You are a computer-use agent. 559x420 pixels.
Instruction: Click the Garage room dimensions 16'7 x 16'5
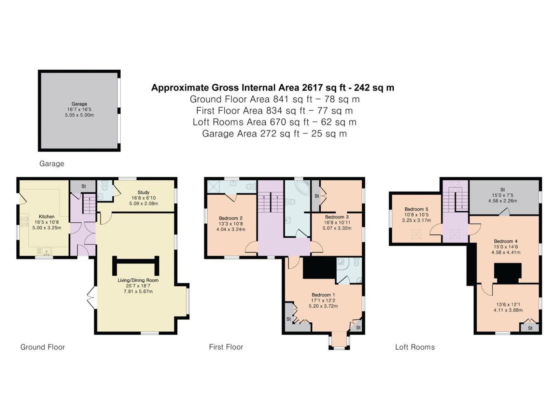click(79, 109)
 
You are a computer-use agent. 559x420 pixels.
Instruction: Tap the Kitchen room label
click(47, 217)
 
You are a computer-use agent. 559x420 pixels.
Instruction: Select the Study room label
click(143, 192)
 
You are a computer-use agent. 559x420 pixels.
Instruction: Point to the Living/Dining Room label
click(138, 280)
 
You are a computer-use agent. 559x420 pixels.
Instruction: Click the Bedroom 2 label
click(231, 218)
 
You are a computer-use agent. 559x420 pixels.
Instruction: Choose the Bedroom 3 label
click(337, 217)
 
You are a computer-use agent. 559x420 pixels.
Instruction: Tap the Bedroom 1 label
click(323, 295)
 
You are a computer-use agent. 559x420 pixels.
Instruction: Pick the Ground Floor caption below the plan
click(43, 347)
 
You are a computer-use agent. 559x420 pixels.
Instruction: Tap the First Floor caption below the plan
click(226, 347)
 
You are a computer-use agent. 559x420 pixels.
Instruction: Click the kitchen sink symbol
click(44, 252)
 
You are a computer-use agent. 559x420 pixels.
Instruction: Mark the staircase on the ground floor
click(89, 204)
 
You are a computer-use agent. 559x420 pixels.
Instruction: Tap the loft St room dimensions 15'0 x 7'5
click(502, 195)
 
